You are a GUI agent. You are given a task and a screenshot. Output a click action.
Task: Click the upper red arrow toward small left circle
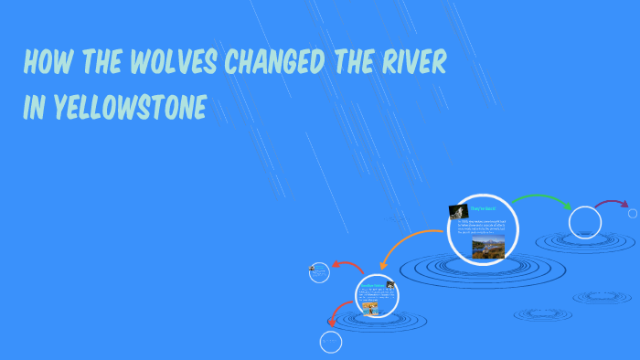click(x=348, y=266)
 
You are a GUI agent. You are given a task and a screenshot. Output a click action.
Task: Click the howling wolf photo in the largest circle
click(x=458, y=211)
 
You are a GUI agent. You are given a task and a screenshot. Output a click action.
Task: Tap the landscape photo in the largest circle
click(x=488, y=247)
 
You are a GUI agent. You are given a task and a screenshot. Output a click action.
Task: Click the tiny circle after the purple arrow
click(x=633, y=213)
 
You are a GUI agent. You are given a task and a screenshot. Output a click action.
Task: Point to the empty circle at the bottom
click(x=330, y=342)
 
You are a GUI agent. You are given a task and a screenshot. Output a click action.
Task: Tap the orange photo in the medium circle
click(x=370, y=308)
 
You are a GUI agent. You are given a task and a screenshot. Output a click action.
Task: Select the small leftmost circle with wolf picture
click(x=319, y=271)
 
